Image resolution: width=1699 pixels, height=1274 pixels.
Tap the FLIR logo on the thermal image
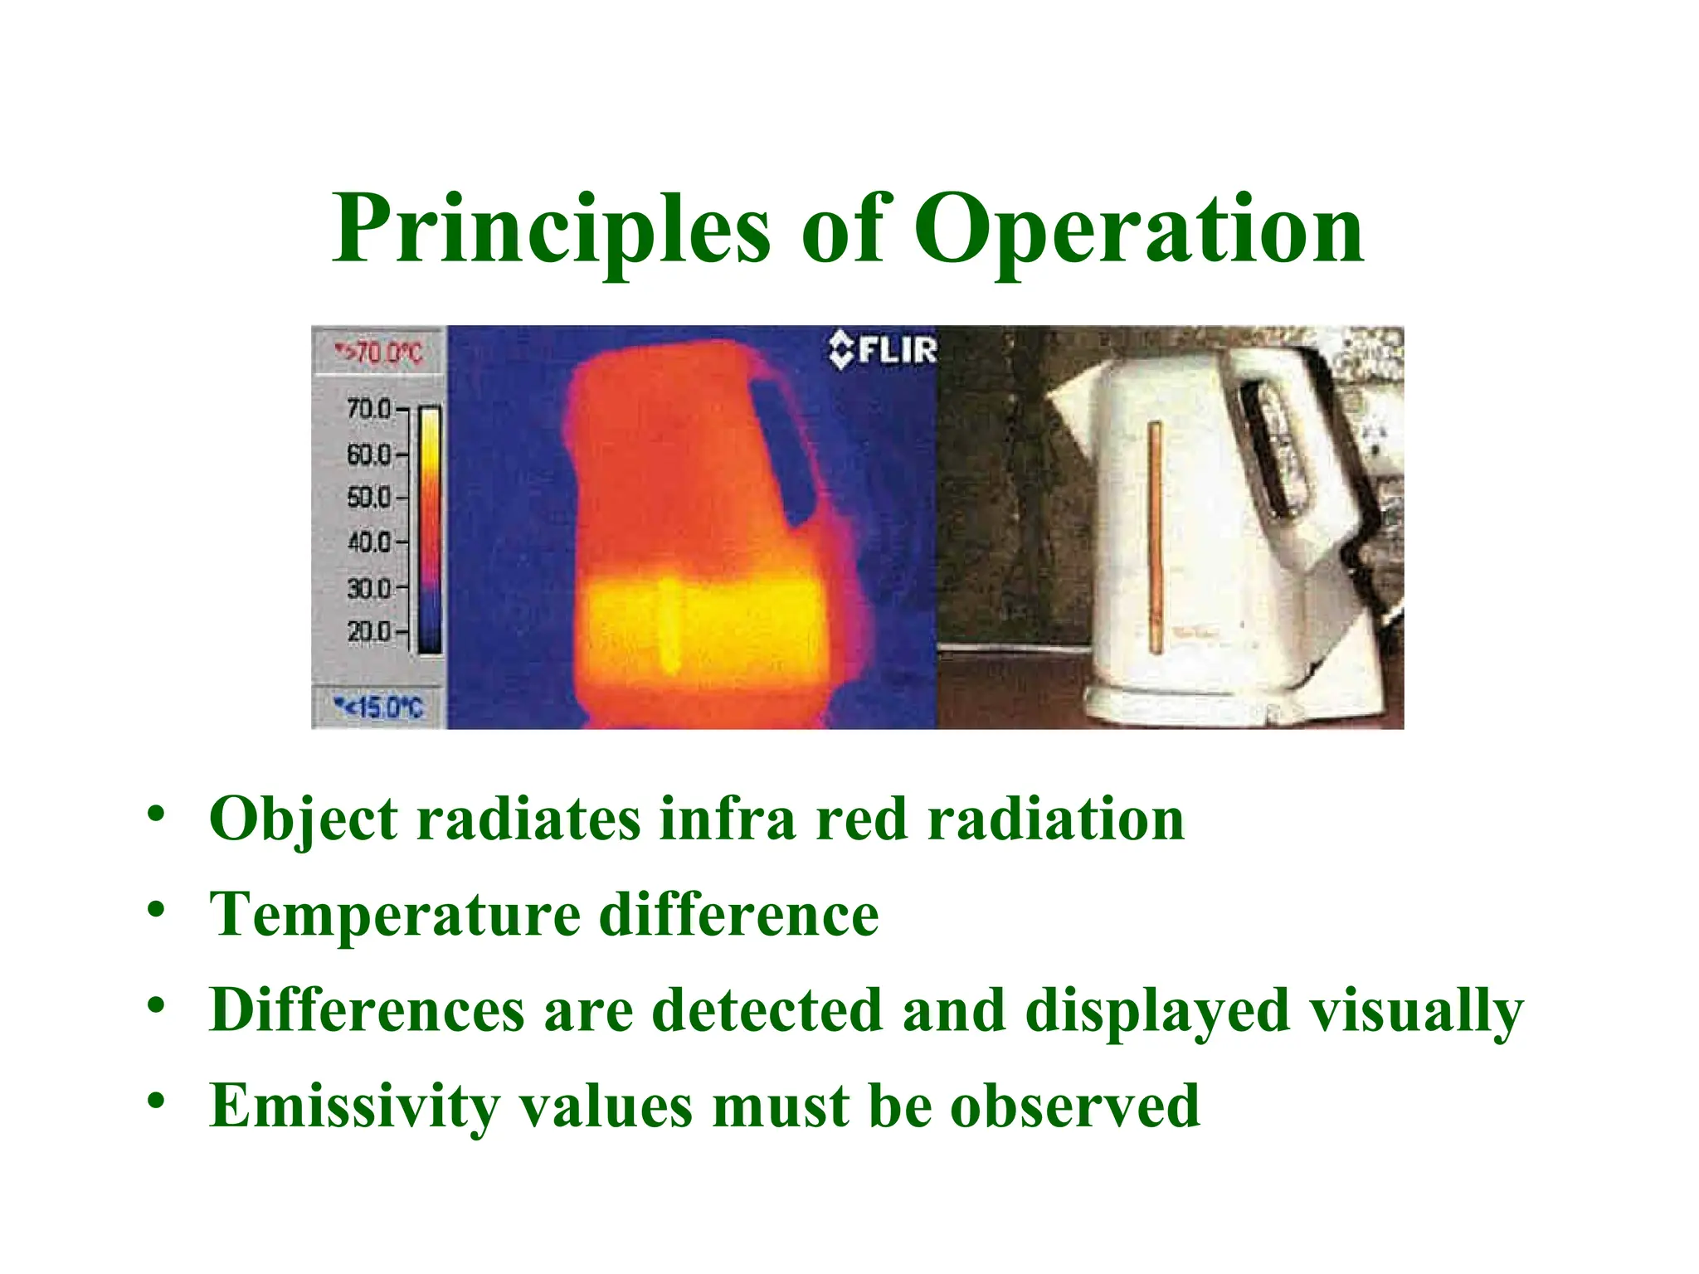click(884, 350)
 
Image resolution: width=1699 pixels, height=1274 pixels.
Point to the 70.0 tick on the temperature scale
click(370, 409)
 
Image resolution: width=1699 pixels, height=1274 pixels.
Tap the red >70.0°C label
click(378, 353)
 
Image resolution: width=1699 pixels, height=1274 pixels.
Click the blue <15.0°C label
click(378, 708)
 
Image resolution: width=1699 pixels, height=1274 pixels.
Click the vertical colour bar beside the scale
click(430, 531)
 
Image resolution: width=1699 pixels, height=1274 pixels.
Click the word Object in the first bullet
click(304, 819)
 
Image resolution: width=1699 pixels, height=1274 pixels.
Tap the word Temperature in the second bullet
click(395, 914)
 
